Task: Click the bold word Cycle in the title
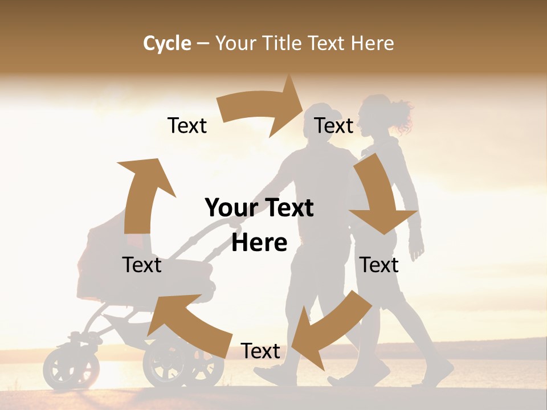(167, 43)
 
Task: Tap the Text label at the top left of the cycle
(187, 125)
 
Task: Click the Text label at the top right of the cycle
(334, 125)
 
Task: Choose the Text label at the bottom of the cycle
(260, 351)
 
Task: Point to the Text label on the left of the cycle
(142, 265)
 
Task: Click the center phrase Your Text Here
(259, 225)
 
